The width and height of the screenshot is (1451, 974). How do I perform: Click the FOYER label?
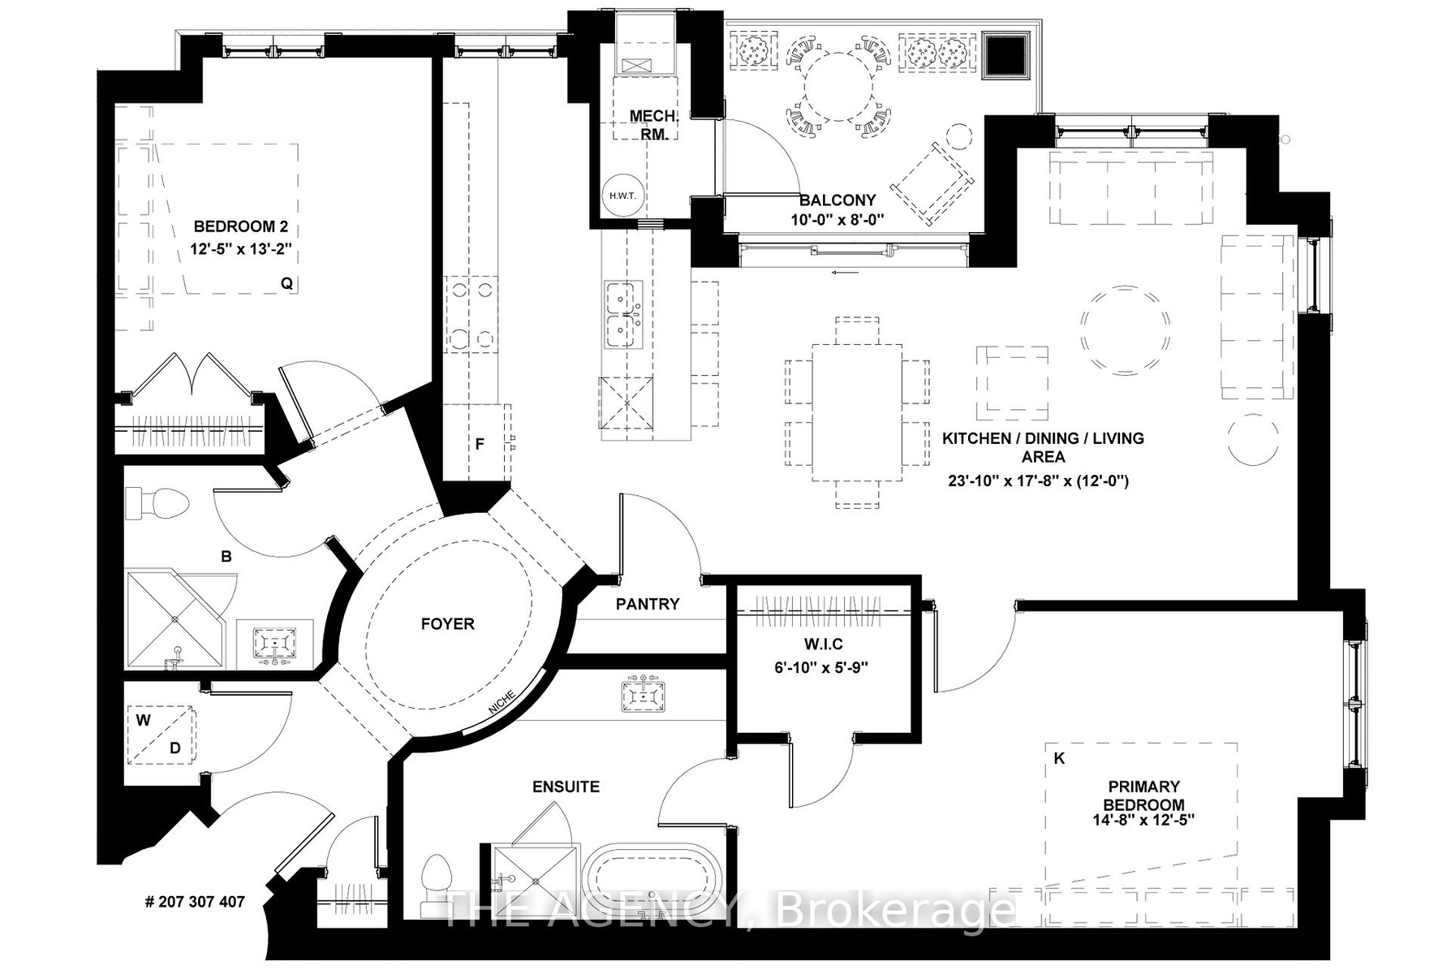click(x=447, y=623)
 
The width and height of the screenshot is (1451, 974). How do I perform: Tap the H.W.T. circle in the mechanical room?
click(x=622, y=196)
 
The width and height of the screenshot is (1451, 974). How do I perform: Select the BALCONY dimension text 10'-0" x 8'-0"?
click(x=837, y=219)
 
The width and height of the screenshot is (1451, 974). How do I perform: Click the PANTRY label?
click(x=647, y=604)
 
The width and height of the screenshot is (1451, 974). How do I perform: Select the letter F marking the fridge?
click(x=480, y=444)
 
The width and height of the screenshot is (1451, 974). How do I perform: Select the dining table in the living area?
click(x=857, y=412)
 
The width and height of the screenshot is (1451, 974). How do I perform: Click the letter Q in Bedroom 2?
click(x=286, y=283)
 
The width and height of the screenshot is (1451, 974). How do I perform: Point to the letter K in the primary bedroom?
click(x=1058, y=758)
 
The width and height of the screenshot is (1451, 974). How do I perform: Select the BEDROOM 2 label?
click(x=240, y=226)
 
